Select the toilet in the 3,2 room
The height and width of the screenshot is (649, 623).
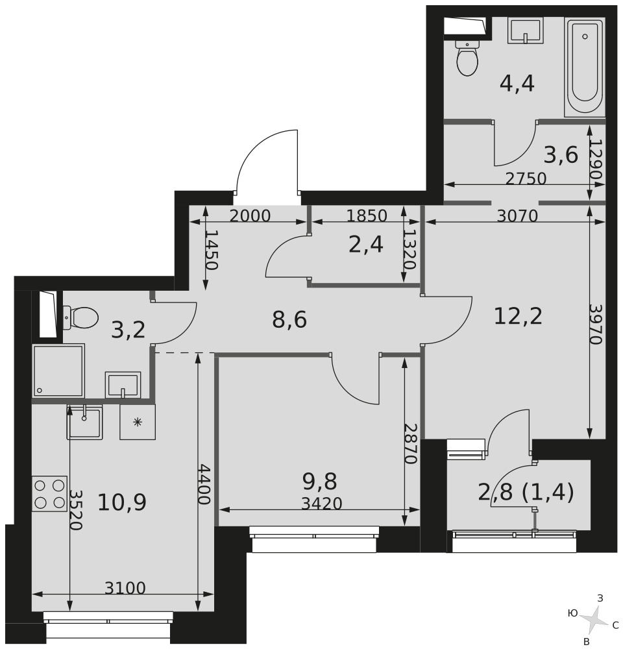click(80, 318)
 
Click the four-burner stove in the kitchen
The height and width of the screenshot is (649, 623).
click(50, 493)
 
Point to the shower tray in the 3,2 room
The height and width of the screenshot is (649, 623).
click(58, 370)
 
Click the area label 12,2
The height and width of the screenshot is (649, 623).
click(518, 316)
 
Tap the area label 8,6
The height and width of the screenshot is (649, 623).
click(289, 319)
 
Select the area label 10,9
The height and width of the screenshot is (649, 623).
click(122, 502)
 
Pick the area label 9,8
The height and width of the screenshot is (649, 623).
click(319, 481)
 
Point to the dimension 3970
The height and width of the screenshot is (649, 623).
click(595, 324)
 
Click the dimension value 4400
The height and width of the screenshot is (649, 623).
click(204, 484)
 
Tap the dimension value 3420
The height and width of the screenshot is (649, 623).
click(322, 504)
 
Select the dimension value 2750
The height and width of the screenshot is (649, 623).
click(526, 178)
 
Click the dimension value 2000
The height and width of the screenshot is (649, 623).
click(250, 215)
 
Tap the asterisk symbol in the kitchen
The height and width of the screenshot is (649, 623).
click(138, 422)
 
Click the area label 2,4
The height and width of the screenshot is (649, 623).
click(366, 245)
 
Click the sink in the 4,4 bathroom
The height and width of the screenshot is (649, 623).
click(525, 31)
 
